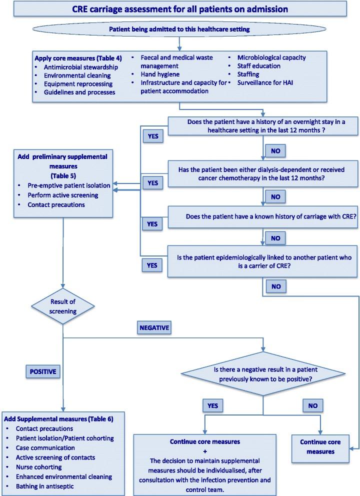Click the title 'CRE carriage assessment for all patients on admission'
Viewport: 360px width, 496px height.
(179, 9)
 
